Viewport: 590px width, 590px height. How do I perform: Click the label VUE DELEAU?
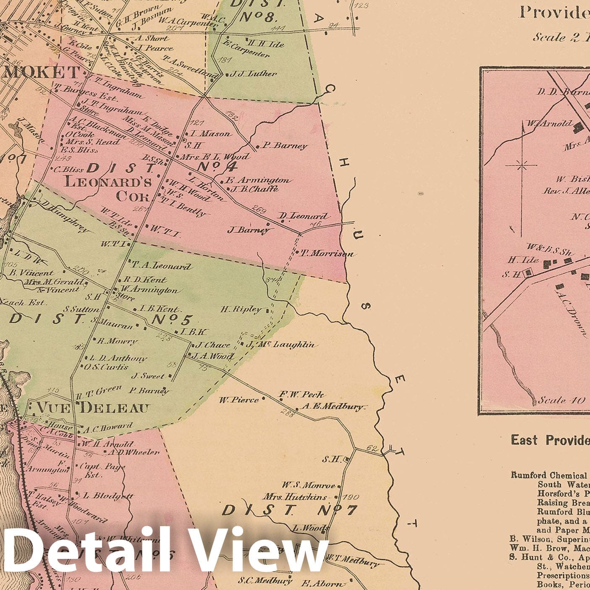coord(93,407)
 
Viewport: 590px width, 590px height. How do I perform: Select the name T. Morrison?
coord(328,254)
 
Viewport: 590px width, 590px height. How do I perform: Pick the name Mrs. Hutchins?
coord(295,497)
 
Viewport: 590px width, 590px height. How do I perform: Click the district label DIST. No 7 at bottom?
coord(289,510)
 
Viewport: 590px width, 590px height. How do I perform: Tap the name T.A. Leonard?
coord(162,266)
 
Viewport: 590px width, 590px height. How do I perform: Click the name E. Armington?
coord(258,180)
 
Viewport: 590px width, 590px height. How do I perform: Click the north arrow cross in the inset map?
coord(522,165)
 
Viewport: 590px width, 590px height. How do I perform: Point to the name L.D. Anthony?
coord(118,358)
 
